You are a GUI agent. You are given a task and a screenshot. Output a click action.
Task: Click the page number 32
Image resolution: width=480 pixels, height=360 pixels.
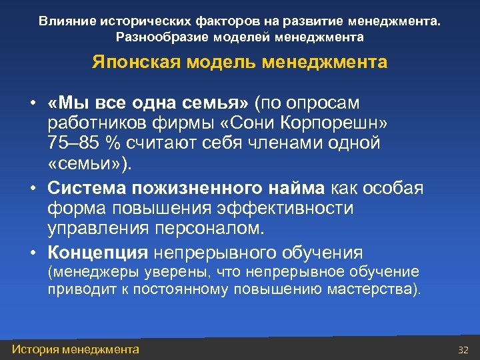464,350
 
